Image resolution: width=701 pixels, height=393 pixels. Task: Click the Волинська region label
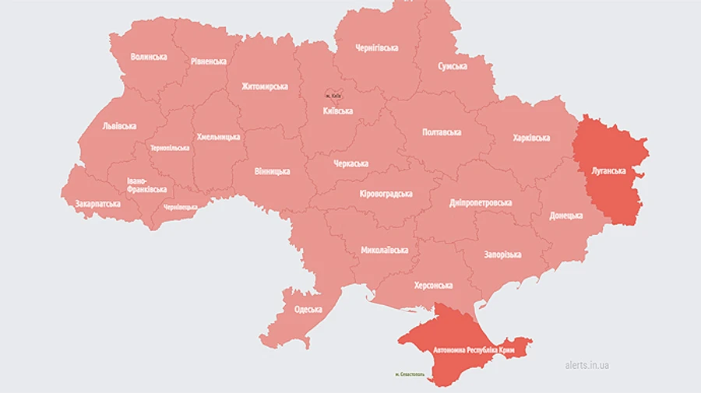pos(149,57)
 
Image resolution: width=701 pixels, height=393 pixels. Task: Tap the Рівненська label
pos(209,61)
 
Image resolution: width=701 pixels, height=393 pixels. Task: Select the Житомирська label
pos(265,86)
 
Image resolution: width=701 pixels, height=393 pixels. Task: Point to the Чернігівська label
pos(376,48)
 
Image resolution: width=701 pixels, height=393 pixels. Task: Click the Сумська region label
pos(453,67)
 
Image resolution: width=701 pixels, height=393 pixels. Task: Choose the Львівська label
pos(119,126)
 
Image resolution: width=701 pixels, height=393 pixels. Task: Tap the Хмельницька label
pos(218,137)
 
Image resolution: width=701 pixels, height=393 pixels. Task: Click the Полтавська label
pos(442,132)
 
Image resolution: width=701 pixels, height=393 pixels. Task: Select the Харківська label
pos(531,138)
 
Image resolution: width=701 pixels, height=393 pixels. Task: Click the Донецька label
pos(565,216)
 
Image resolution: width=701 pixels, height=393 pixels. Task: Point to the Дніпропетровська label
pos(481,203)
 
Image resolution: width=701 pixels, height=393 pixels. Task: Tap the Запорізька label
pos(502,254)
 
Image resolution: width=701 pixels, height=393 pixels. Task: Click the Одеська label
pos(308,310)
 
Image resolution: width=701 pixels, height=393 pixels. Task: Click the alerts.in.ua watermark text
pos(587,365)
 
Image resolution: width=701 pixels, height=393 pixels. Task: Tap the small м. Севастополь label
pos(412,375)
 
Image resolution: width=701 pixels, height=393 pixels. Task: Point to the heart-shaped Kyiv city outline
pos(333,93)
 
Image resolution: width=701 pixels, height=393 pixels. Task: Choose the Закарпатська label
pos(97,204)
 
